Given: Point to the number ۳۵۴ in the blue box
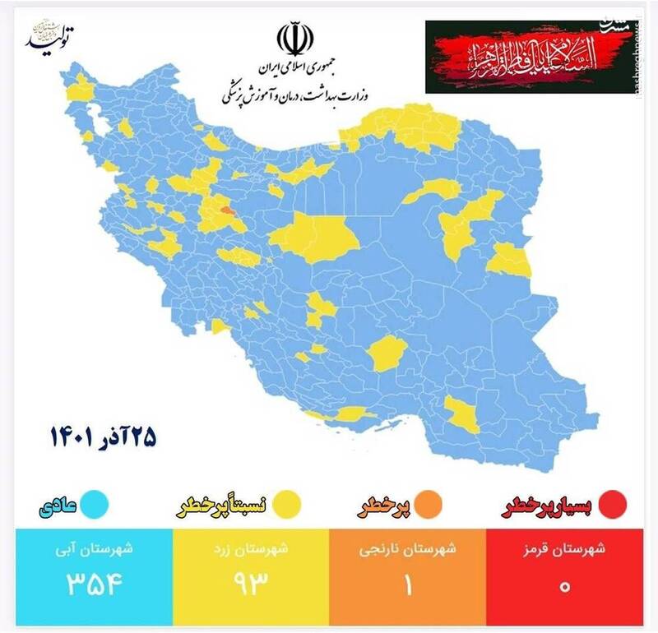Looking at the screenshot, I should [95, 584].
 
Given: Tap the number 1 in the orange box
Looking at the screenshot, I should [408, 584].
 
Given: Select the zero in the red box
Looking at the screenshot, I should [564, 586].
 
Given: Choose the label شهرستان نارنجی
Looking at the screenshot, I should [409, 550].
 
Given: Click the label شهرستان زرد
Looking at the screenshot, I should [252, 550].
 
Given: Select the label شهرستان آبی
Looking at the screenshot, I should [95, 550].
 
